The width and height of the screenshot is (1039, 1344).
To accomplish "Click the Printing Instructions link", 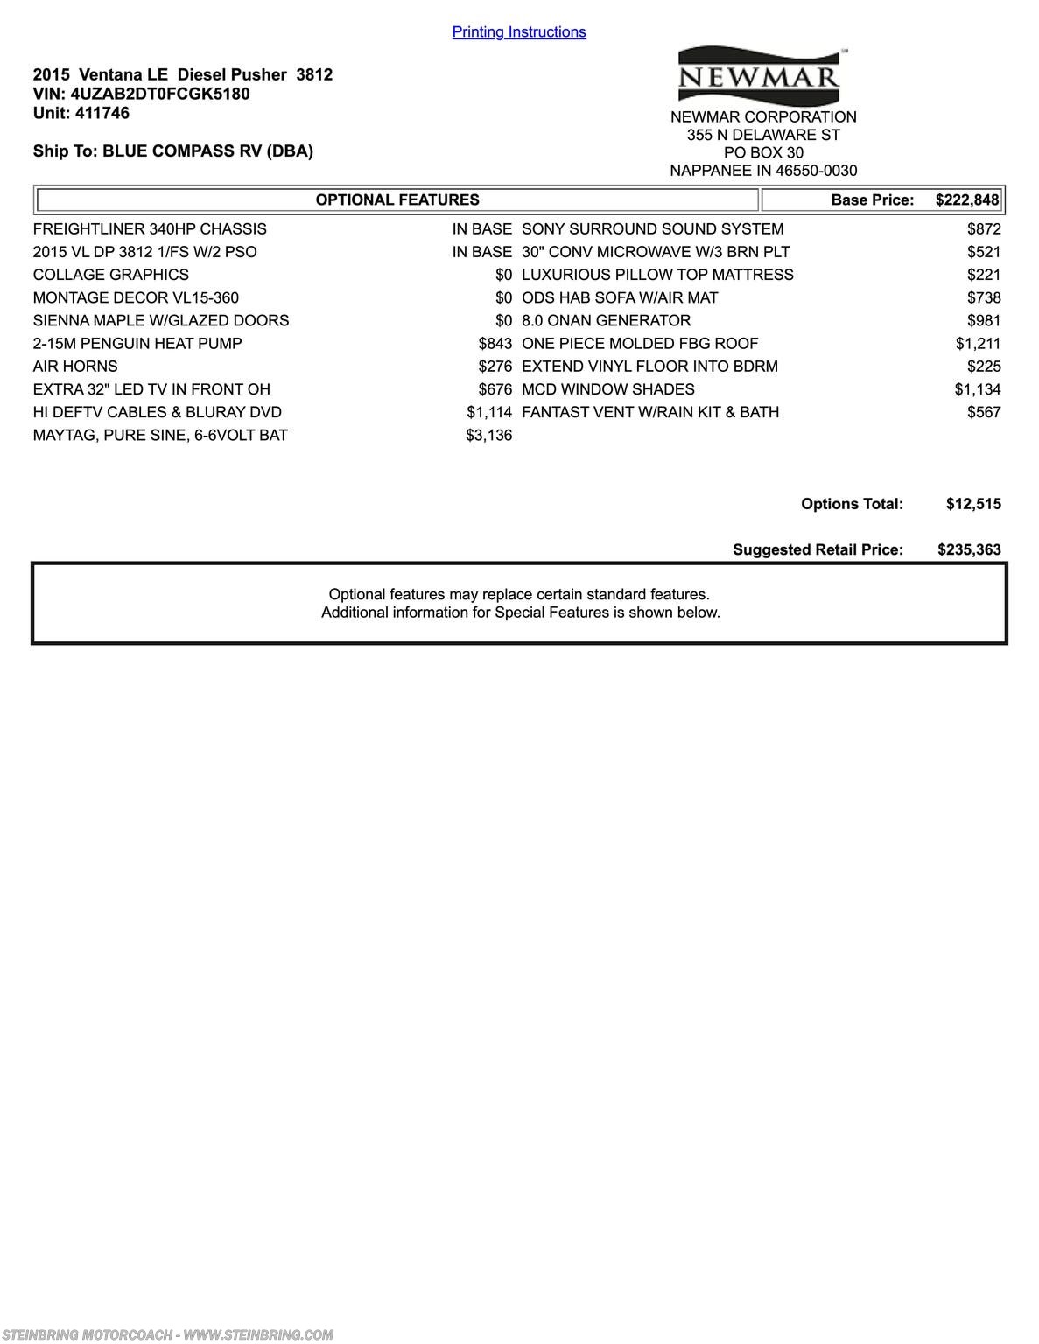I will [x=519, y=32].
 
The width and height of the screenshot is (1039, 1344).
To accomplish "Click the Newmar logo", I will [x=759, y=77].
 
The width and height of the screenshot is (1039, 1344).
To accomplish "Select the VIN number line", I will [x=141, y=94].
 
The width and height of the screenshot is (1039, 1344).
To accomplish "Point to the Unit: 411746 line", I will [x=81, y=113].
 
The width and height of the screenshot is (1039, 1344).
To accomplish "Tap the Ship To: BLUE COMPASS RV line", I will [x=173, y=150].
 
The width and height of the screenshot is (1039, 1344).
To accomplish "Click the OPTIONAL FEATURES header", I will [x=397, y=199].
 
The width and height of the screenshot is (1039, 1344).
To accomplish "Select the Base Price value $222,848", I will [x=966, y=199].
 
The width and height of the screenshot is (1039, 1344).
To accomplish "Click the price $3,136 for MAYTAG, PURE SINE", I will [x=488, y=435].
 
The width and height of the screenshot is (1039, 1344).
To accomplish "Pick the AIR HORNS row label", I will [x=75, y=367].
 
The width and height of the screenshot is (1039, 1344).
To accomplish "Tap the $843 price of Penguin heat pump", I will [x=495, y=344].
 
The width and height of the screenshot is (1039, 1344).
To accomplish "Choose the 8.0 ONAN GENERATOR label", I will [x=606, y=321].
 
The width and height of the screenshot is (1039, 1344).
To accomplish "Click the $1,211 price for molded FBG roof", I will [x=978, y=344].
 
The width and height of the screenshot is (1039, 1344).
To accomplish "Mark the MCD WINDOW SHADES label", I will [x=608, y=389].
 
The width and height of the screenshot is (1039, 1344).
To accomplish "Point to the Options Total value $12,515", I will [x=973, y=504].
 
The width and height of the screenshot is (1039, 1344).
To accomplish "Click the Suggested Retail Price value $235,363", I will [x=969, y=549].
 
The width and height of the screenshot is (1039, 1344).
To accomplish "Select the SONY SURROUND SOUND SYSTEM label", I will [x=653, y=229].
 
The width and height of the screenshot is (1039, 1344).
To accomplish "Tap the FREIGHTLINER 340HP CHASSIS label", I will [x=150, y=229].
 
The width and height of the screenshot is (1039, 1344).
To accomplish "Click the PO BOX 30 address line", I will [x=763, y=152].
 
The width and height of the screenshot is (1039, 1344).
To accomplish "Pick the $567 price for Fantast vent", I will [x=984, y=412].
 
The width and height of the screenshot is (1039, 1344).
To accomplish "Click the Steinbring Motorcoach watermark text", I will [x=167, y=1334].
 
